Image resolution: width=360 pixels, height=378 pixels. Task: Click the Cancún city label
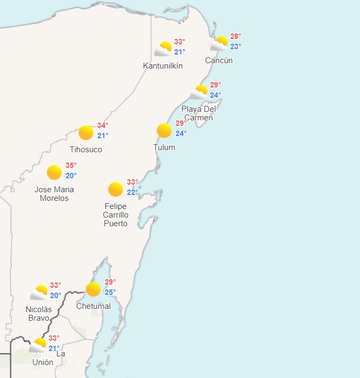pos(219,60)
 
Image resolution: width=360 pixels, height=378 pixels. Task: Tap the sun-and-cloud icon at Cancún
pos(219,43)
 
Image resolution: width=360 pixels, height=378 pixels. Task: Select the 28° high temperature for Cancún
pos(235,37)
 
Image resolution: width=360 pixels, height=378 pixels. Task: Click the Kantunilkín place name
pos(162,66)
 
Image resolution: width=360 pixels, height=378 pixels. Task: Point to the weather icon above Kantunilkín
pos(163,49)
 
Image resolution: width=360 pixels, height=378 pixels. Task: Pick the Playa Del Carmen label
pos(199,113)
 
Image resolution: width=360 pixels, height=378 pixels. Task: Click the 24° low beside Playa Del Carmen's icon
pos(215,95)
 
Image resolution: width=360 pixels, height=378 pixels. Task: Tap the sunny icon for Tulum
pos(164,131)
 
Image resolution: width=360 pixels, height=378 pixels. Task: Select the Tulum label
pos(164,147)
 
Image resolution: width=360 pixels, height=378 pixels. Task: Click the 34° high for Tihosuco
pos(103,126)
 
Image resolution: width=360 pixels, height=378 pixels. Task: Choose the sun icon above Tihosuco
pos(86,132)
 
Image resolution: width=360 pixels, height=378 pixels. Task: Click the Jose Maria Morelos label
pos(54,194)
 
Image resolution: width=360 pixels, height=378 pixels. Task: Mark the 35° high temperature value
pos(71,165)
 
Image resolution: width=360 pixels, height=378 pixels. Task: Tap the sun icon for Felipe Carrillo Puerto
pos(116,189)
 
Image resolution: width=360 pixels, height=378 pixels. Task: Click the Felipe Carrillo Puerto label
pos(116,215)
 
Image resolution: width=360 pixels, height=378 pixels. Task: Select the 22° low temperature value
pos(132,192)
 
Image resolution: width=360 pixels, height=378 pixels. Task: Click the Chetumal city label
pos(93,306)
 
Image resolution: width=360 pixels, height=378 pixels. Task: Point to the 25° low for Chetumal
pos(110,292)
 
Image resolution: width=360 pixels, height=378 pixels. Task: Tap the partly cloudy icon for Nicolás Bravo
pos(39,293)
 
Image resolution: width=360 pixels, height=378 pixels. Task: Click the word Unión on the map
pos(43,362)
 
